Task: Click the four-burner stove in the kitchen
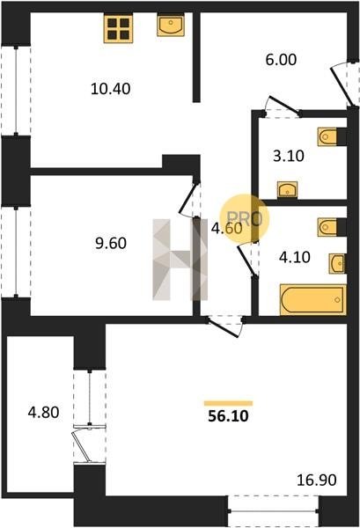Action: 118,28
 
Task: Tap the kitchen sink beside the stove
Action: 171,25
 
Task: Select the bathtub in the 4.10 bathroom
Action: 312,300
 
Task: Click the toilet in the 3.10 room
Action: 327,136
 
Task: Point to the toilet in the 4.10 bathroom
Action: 327,227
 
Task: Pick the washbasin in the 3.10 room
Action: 287,189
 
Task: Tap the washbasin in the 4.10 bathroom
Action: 337,263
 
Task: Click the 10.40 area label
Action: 110,89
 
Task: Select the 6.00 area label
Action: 281,60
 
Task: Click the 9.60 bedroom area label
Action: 111,243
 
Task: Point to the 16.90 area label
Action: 317,480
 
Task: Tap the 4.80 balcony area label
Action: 43,412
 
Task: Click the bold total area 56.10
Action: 228,416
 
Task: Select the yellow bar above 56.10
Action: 228,403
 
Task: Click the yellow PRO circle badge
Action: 245,219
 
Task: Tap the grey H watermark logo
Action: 180,260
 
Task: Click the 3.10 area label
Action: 289,157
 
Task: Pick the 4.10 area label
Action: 295,257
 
